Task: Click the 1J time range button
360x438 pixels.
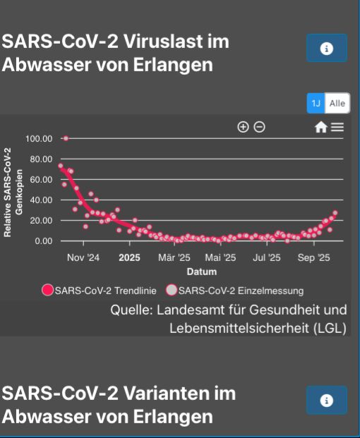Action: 316,104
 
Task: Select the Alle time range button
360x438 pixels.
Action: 337,104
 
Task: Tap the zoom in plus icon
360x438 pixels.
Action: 243,127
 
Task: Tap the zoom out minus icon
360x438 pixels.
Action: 260,127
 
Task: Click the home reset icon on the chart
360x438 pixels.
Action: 320,127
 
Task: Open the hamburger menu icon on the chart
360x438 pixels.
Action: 337,127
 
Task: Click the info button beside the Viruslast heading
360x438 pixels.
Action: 326,48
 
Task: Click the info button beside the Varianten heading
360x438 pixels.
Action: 326,400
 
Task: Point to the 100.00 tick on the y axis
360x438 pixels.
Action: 39,138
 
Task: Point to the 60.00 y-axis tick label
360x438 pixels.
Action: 40,180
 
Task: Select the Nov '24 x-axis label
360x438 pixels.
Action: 83,258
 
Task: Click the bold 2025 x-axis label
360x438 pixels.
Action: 130,258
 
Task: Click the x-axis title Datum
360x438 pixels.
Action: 201,272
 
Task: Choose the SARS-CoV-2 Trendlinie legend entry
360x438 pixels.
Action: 99,290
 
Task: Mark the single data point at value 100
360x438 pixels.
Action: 66,138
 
